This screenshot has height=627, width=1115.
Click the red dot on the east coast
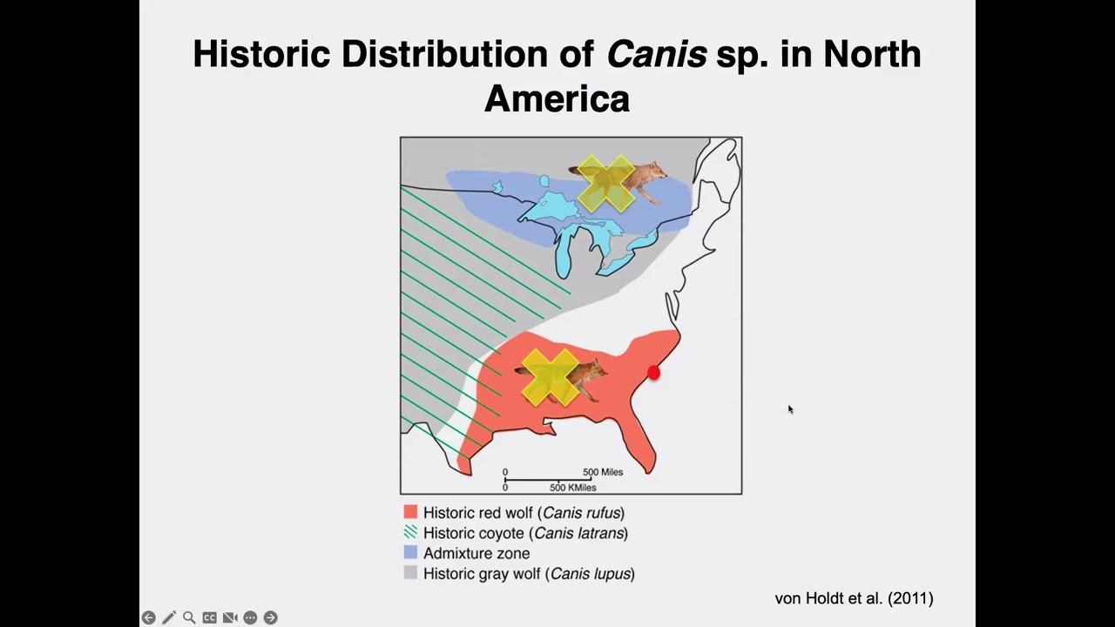pyautogui.click(x=654, y=373)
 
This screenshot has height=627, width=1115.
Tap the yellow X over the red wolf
pyautogui.click(x=551, y=376)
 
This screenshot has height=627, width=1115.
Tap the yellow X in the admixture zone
pyautogui.click(x=606, y=183)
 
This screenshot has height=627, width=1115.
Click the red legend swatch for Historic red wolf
pyautogui.click(x=410, y=512)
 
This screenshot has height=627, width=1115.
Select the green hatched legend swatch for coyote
pyautogui.click(x=410, y=532)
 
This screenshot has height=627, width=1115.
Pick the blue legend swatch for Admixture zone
pyautogui.click(x=410, y=552)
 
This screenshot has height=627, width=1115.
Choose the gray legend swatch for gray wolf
pyautogui.click(x=410, y=572)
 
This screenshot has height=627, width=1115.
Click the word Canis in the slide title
pyautogui.click(x=656, y=54)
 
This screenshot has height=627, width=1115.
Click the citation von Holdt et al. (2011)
pyautogui.click(x=854, y=598)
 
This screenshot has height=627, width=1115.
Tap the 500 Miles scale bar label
pyautogui.click(x=603, y=472)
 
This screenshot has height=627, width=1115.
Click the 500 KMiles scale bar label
pyautogui.click(x=572, y=488)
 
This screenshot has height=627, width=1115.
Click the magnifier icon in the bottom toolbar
pyautogui.click(x=189, y=617)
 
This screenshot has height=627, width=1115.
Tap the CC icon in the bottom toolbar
pyautogui.click(x=209, y=617)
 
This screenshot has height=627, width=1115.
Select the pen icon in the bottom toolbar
pyautogui.click(x=169, y=617)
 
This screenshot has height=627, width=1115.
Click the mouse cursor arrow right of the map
pyautogui.click(x=790, y=409)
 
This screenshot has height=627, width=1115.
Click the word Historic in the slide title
pyautogui.click(x=261, y=54)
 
